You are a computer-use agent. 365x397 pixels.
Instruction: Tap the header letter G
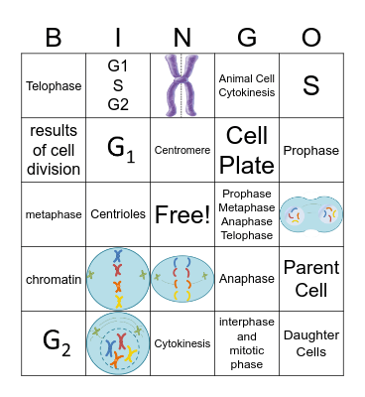tap(246, 37)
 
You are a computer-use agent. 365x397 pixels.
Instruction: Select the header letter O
tap(310, 37)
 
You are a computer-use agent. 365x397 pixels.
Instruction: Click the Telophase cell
tap(54, 86)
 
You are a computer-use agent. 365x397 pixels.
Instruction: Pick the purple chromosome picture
tap(182, 85)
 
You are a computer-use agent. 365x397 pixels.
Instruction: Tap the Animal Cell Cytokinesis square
tap(246, 86)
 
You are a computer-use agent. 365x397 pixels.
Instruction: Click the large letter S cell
tap(310, 86)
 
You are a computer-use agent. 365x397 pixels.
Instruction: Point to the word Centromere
tap(182, 151)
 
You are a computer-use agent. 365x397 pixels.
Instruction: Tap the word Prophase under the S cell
tap(310, 151)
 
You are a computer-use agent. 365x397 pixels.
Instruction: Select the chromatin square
tap(54, 279)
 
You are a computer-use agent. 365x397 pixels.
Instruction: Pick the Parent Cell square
tap(310, 278)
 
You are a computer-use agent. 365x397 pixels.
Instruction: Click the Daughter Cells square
tap(310, 343)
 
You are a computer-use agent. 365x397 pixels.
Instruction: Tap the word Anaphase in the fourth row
tap(246, 279)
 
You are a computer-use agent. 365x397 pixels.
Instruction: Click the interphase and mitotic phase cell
tap(246, 343)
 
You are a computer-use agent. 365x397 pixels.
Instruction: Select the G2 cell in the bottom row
tap(54, 343)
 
